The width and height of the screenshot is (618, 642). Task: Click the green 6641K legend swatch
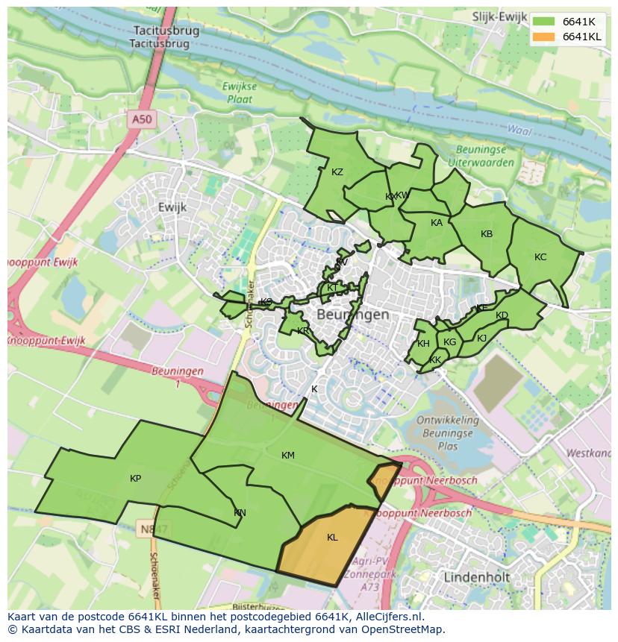click(x=545, y=21)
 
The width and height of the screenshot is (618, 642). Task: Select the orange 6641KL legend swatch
click(x=545, y=37)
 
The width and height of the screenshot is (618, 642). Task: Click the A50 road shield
click(x=141, y=119)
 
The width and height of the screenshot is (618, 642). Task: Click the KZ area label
click(x=337, y=172)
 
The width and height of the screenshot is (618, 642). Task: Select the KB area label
click(x=487, y=234)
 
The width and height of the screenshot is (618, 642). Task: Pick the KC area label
click(x=540, y=257)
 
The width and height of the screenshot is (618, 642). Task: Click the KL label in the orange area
click(x=332, y=537)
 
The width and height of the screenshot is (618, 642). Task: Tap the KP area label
click(x=135, y=478)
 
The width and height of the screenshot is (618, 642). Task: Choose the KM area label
click(x=288, y=455)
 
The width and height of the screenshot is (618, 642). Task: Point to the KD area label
click(x=502, y=315)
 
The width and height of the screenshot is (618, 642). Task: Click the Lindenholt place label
click(x=476, y=577)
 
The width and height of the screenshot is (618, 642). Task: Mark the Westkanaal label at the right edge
click(x=590, y=453)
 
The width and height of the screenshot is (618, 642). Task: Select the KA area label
click(x=437, y=222)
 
